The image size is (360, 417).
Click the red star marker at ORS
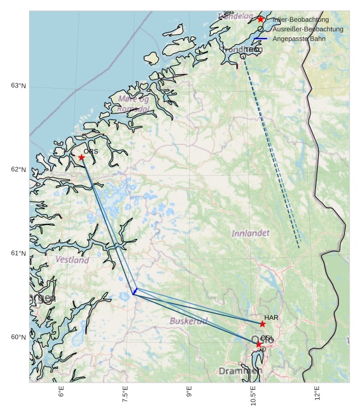pos(82,158)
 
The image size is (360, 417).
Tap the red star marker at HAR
pos(263,324)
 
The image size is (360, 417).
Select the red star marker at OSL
pos(259,344)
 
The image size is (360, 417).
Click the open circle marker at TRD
pos(243,56)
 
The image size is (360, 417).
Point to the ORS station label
pos(91,151)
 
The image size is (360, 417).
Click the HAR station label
pos(271,317)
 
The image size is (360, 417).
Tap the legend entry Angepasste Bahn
pos(299,39)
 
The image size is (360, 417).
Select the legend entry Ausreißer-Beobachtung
pos(307,29)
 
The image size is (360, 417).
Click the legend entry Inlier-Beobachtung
pos(300,19)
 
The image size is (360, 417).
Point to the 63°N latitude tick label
pos(18,86)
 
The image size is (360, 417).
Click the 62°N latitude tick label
pos(18,170)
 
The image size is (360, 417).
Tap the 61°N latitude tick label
pos(18,253)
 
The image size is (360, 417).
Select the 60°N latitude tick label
pos(18,337)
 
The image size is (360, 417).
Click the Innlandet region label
pos(251,233)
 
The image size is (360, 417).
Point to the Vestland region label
pos(72,260)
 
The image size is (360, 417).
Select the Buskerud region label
pos(188,321)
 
